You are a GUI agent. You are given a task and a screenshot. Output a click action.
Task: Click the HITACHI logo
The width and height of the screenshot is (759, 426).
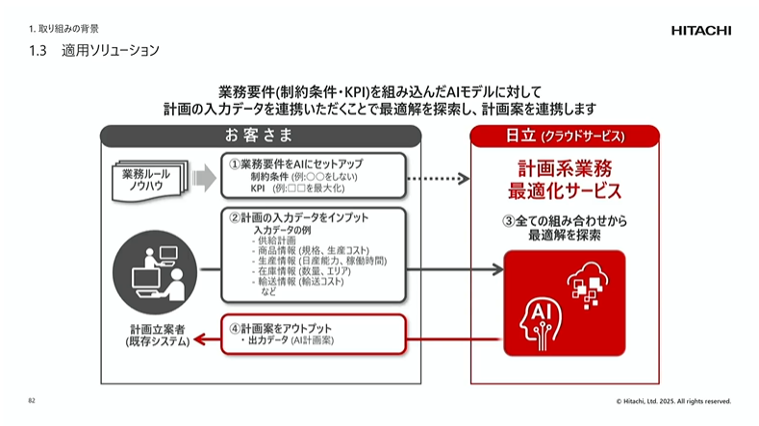tap(700, 31)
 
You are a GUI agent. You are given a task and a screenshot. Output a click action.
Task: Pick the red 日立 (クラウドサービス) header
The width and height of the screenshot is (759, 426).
tap(565, 135)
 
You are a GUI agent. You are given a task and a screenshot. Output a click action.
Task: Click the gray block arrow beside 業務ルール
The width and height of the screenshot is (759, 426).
tap(204, 178)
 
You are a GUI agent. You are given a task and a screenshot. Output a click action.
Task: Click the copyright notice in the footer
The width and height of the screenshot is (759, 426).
tap(673, 401)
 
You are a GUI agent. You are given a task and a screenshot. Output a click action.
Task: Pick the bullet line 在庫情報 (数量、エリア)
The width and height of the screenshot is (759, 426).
tap(299, 272)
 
